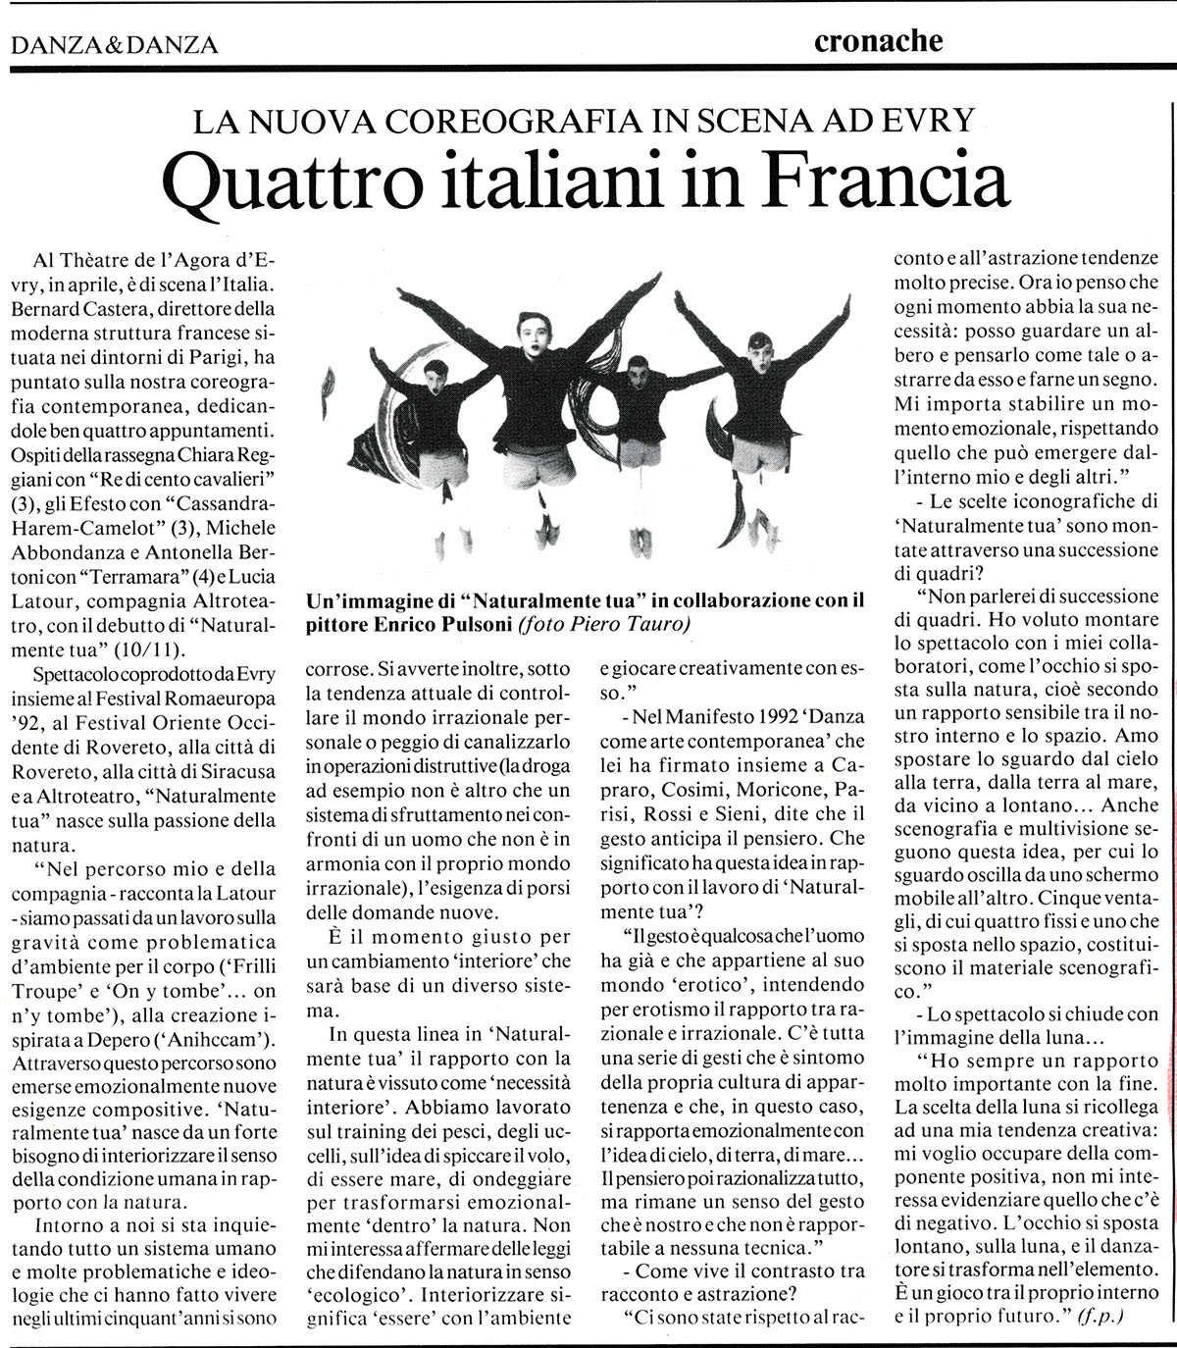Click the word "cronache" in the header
click(878, 41)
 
